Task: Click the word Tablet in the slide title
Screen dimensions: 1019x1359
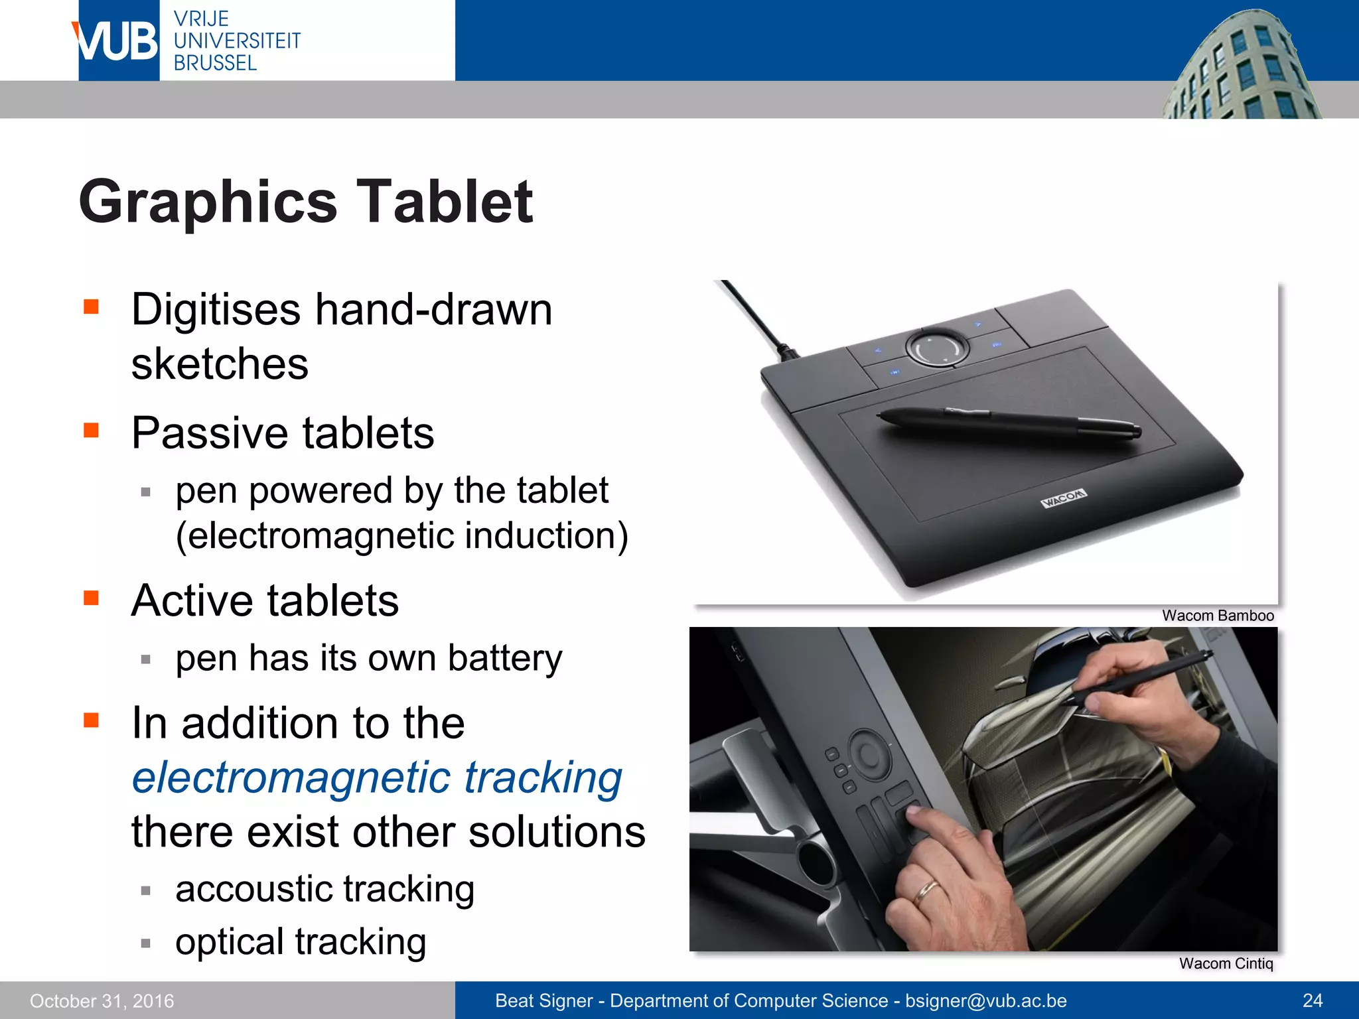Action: coord(445,202)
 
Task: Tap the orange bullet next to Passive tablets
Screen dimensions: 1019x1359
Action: coord(92,431)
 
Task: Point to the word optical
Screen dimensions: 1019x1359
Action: coord(230,942)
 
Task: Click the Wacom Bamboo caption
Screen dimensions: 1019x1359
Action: coord(1217,616)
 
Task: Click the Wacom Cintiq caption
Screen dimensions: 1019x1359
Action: coord(1226,963)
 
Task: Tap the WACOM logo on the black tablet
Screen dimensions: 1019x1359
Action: coord(1063,498)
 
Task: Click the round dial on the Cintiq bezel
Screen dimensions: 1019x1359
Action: coord(869,754)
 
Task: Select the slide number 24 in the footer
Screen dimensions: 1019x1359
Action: coord(1312,1000)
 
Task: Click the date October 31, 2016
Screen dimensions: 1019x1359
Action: coord(102,1000)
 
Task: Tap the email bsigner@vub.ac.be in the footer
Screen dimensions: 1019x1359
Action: coord(985,1000)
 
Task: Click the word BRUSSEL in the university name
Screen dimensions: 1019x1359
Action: coord(215,63)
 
